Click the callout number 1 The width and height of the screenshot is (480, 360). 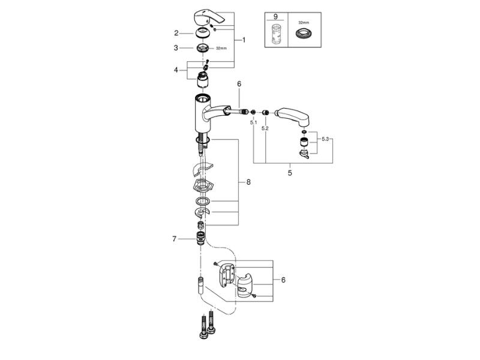click(x=244, y=40)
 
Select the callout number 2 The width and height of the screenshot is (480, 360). click(x=176, y=33)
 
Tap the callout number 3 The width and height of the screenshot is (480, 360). click(x=176, y=47)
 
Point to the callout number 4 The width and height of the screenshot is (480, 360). click(x=176, y=70)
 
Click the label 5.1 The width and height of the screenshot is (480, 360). click(x=253, y=122)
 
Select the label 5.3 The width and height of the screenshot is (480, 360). click(x=326, y=139)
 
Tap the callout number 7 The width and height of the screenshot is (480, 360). click(x=175, y=239)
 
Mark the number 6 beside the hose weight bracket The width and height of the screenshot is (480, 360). click(x=283, y=279)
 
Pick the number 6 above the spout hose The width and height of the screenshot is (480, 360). click(x=238, y=86)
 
